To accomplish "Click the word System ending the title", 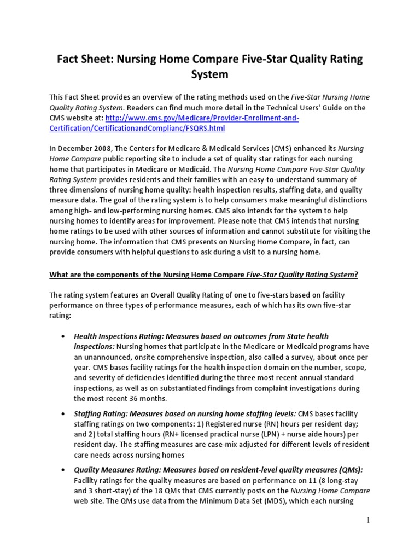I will tap(209, 73).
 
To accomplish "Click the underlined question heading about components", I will tap(204, 274).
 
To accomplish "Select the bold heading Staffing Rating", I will tap(98, 413).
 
